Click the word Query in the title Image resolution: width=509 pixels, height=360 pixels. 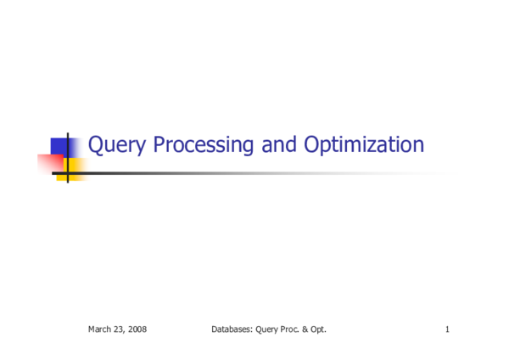tap(115, 146)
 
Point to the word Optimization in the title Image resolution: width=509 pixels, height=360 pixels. tap(361, 146)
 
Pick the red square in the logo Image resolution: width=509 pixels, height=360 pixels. tap(51, 162)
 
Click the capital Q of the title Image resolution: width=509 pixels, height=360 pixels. tap(97, 145)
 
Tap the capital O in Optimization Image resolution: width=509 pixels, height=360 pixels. tap(307, 145)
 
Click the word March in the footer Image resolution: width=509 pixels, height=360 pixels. tap(100, 329)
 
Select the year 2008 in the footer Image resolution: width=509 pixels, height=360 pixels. tap(137, 329)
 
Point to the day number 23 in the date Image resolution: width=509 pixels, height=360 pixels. tap(120, 329)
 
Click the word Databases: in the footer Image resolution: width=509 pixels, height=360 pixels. tap(231, 329)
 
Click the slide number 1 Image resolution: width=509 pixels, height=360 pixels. tap(446, 329)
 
